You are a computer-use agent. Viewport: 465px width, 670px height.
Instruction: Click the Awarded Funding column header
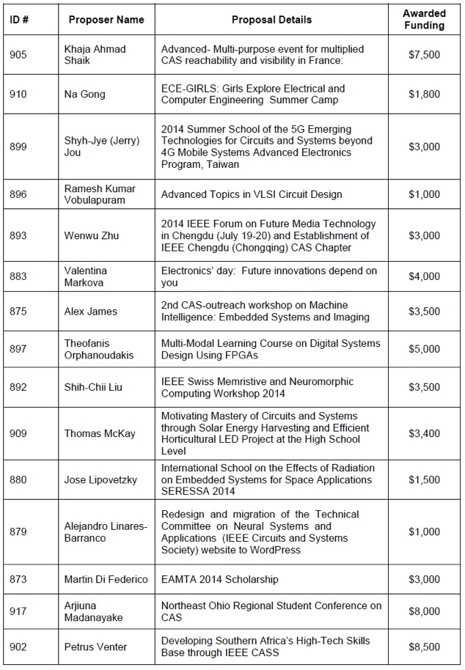tap(424, 20)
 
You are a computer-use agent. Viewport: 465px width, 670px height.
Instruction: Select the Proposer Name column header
tap(106, 20)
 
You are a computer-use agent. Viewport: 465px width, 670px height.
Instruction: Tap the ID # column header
tap(19, 20)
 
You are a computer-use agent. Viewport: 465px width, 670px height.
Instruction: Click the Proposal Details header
tap(272, 20)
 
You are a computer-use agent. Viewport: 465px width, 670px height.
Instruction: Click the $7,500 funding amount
tap(424, 55)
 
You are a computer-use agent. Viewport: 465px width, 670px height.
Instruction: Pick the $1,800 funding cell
tap(424, 95)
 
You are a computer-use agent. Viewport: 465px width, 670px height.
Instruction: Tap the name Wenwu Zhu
tap(92, 235)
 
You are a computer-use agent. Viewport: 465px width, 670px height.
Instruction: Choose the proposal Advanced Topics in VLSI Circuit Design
tap(252, 194)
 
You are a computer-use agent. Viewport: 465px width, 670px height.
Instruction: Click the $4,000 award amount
tap(424, 276)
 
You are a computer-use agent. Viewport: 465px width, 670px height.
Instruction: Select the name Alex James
tap(91, 311)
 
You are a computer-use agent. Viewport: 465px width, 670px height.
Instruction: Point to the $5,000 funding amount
tap(424, 350)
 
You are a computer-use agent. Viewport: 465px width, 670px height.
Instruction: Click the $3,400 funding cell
tap(424, 433)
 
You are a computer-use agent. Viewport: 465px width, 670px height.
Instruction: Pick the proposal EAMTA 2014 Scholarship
tap(220, 579)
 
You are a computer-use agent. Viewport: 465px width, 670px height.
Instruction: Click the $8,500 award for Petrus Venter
tap(424, 647)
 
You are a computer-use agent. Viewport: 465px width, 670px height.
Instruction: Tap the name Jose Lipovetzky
tap(101, 479)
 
